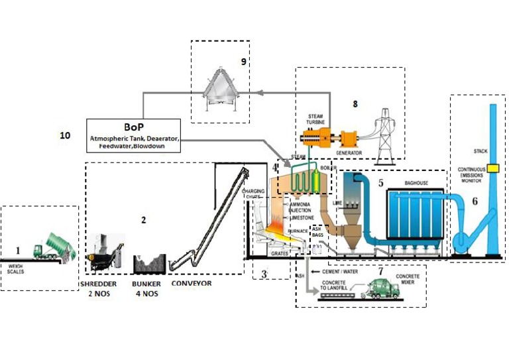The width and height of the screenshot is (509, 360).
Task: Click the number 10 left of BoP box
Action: (x=65, y=135)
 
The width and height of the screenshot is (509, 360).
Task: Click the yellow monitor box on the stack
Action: (x=493, y=166)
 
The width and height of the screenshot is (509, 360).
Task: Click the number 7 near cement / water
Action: (x=380, y=271)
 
